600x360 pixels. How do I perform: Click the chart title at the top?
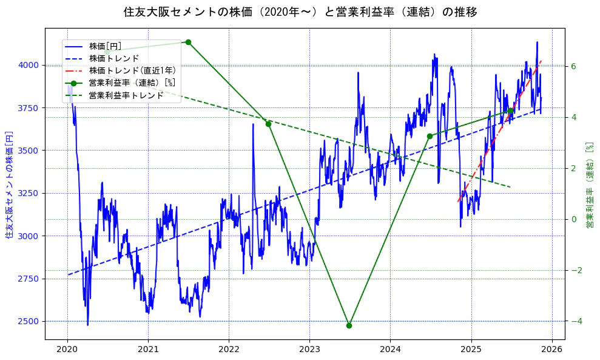(300, 12)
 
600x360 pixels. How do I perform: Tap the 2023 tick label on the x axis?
(309, 350)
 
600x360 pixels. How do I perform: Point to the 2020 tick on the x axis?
(67, 350)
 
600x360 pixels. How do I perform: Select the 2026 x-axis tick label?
(551, 350)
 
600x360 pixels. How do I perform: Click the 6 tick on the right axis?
(573, 66)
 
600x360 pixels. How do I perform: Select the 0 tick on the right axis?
(573, 219)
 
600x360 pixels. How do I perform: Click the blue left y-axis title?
(9, 185)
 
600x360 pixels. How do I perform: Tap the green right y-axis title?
(589, 185)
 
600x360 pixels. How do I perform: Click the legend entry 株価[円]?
(105, 46)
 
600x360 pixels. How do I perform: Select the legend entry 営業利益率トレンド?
(126, 95)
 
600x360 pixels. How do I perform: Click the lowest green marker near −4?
(349, 325)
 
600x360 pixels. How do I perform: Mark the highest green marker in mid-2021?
(188, 42)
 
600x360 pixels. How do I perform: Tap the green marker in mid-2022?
(268, 124)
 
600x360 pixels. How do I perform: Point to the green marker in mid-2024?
(430, 136)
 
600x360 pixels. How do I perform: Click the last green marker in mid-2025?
(510, 111)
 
